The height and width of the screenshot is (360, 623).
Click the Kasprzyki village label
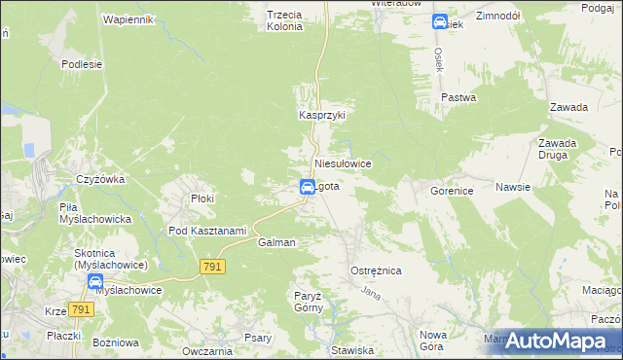(321, 115)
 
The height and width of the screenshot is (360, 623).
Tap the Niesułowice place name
(343, 164)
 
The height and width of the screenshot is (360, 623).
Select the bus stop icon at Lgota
(306, 186)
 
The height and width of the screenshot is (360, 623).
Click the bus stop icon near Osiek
(440, 21)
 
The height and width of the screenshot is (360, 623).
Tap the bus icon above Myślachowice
(95, 282)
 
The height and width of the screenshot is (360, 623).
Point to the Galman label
(276, 242)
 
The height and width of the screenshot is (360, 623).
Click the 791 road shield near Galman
(212, 266)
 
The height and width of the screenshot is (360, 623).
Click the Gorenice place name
(452, 191)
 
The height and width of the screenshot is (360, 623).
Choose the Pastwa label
(458, 98)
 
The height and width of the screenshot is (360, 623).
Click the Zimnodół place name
(498, 17)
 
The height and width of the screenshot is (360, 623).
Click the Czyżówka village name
(101, 179)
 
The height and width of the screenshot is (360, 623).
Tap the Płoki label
(202, 198)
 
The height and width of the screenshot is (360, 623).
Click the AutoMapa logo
(553, 340)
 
